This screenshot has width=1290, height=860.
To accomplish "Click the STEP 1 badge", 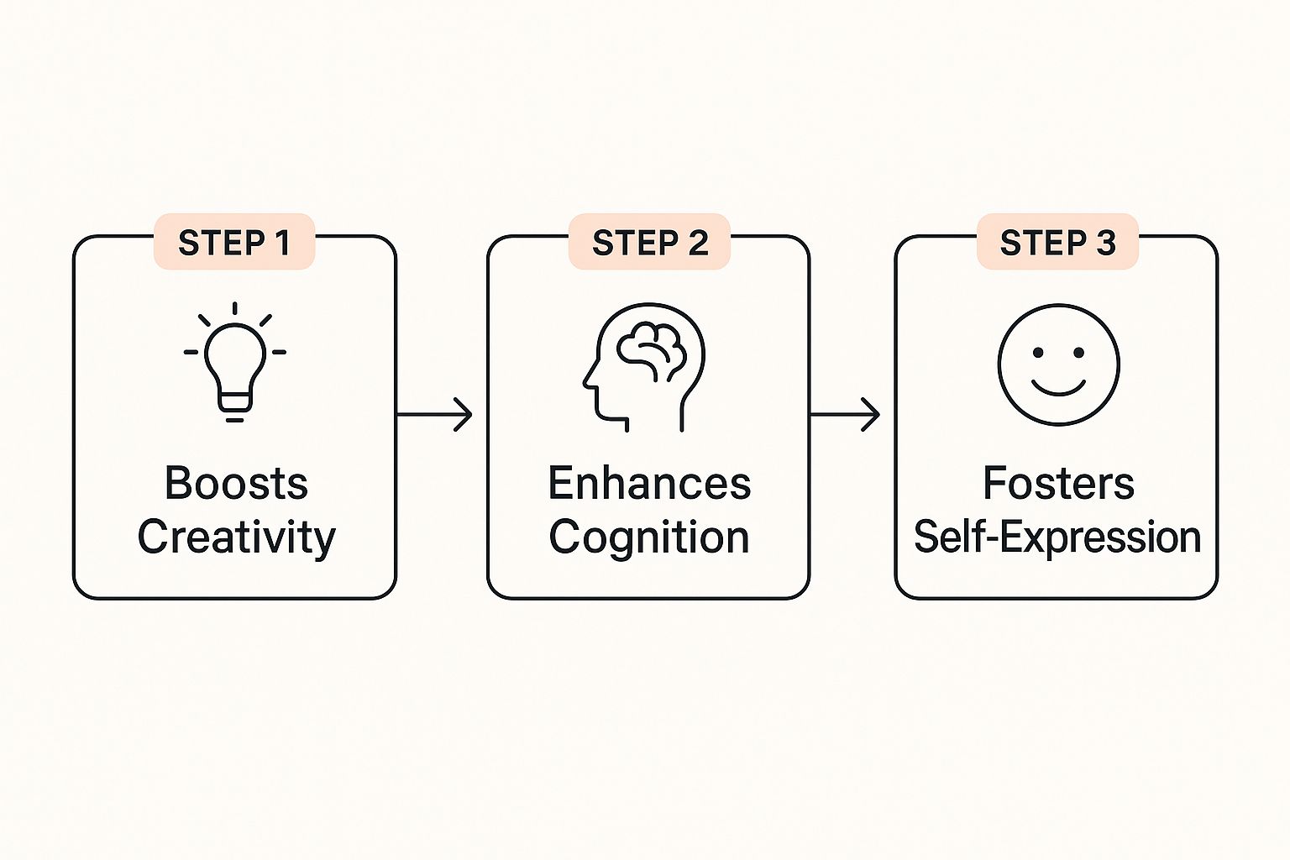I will click(x=234, y=242).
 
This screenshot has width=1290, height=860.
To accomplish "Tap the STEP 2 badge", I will click(x=649, y=242).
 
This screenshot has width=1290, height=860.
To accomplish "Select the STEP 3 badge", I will click(x=1057, y=242).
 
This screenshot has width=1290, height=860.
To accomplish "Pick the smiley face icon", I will click(x=1058, y=364).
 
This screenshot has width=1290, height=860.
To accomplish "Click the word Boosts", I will click(x=236, y=484).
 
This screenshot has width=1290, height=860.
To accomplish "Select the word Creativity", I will click(x=236, y=537).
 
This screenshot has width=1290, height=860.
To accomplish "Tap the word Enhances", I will click(x=649, y=484).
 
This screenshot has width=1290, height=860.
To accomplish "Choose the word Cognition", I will click(x=649, y=537).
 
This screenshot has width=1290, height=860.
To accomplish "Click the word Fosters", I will click(x=1058, y=484).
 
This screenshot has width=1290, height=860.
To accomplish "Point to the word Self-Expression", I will click(x=1057, y=537).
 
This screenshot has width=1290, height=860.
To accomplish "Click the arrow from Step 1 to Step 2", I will click(x=434, y=414).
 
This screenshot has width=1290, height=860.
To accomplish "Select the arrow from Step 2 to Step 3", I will click(x=845, y=414).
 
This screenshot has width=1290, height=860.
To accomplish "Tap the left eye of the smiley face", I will click(x=1038, y=353).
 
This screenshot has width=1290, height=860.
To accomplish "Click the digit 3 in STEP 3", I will click(x=1105, y=242).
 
